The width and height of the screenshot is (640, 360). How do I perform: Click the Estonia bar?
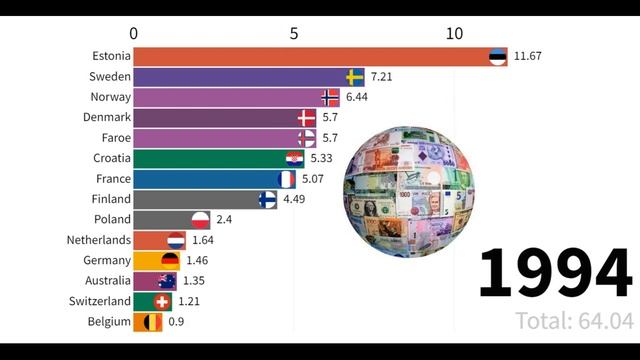(310, 56)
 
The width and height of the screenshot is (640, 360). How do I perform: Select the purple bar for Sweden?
(240, 77)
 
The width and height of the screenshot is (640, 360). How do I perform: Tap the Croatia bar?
(210, 158)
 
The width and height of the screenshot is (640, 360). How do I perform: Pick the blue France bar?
(205, 179)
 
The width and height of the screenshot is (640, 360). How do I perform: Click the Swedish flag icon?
(355, 77)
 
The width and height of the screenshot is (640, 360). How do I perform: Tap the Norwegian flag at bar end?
(331, 97)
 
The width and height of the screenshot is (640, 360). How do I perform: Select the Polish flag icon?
(199, 220)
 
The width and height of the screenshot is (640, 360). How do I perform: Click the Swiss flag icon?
(162, 301)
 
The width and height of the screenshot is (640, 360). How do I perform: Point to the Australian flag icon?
(166, 281)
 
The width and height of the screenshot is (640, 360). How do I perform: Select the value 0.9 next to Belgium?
(175, 322)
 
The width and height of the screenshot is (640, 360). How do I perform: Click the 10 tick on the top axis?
(454, 33)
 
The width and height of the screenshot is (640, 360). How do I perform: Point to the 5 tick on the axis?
(294, 33)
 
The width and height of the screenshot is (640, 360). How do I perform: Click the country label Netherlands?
(97, 240)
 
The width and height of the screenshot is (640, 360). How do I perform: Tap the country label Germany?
(103, 261)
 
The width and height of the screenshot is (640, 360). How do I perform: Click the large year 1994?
(554, 273)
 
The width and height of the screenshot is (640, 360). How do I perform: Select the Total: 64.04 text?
(575, 321)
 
